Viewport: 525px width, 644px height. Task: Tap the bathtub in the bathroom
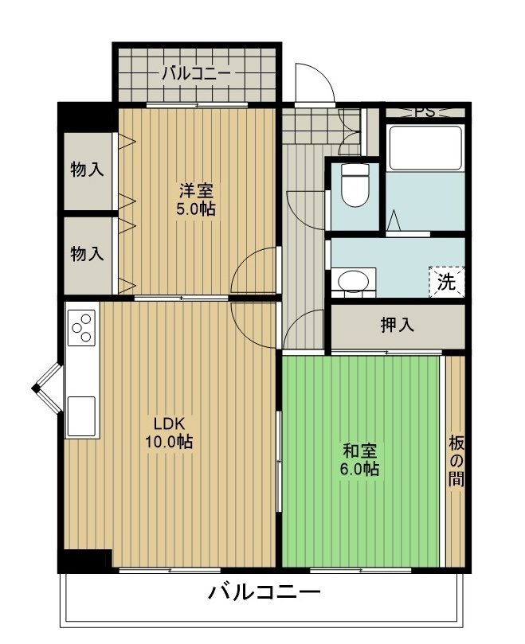click(425, 149)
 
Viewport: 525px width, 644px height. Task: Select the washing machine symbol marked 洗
click(446, 281)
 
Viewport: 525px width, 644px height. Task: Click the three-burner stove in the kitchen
click(81, 328)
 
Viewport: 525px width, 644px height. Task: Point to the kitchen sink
click(81, 415)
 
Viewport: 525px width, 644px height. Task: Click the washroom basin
click(353, 281)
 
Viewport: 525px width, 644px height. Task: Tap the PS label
click(425, 112)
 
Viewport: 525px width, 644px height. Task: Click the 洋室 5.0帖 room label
click(196, 199)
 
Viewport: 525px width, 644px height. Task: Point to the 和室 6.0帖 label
click(359, 460)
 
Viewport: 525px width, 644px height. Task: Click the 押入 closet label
click(396, 325)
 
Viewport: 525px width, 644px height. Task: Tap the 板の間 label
click(455, 461)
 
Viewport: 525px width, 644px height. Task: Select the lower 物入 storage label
click(87, 254)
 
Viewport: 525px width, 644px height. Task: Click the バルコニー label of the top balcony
click(196, 74)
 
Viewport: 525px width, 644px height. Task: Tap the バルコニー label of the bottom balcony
click(264, 593)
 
